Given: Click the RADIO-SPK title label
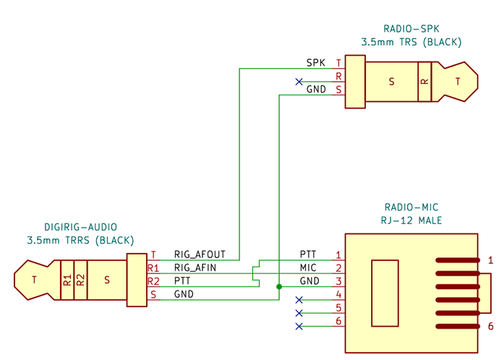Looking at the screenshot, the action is (x=411, y=29).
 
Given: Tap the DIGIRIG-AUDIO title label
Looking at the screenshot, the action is (x=80, y=227).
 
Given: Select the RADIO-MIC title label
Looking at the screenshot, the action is (x=411, y=207).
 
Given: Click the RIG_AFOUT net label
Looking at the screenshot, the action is (x=200, y=254).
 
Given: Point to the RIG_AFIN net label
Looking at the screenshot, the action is (x=195, y=267).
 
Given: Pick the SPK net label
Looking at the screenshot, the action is (x=316, y=63).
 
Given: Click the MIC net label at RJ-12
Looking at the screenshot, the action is (x=308, y=267).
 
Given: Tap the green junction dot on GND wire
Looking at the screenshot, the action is (x=279, y=286).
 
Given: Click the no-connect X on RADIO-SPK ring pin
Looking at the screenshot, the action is (x=299, y=82).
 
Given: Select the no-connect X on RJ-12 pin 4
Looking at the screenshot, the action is (x=299, y=300).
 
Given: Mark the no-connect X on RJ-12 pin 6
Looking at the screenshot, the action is (x=299, y=326).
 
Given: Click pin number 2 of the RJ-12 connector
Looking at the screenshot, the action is (x=338, y=268).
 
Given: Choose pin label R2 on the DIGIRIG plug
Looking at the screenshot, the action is (x=153, y=281).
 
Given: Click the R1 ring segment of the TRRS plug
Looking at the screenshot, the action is (x=67, y=280).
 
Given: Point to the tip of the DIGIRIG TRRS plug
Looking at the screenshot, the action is (x=34, y=280).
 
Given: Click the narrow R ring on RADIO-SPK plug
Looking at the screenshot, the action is (x=425, y=82).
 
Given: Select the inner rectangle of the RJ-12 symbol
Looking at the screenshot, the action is (x=385, y=293).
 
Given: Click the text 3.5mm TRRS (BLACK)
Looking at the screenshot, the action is (x=80, y=240).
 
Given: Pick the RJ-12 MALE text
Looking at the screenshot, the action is (x=411, y=220).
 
